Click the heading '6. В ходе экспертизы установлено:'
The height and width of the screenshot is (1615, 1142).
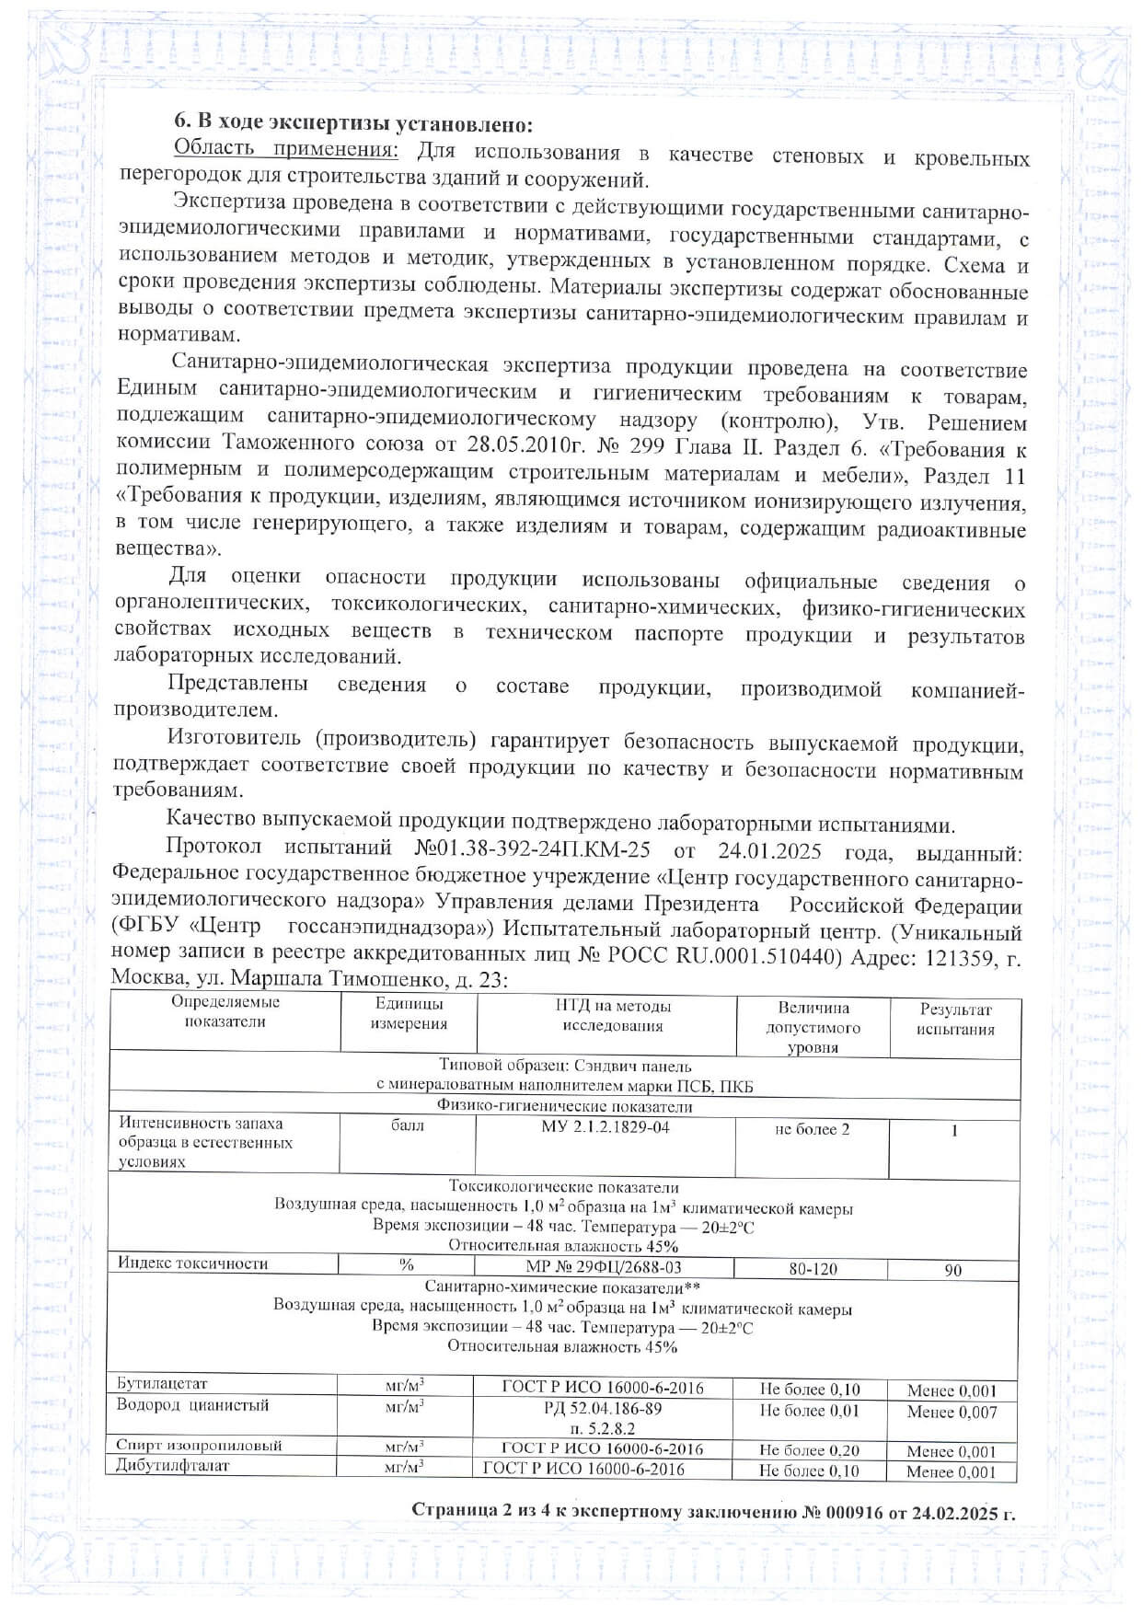click(x=354, y=124)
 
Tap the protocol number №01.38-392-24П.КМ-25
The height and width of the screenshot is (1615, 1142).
click(x=523, y=848)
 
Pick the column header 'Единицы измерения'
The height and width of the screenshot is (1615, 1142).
click(x=409, y=1013)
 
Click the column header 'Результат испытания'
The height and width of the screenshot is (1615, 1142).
click(x=955, y=1019)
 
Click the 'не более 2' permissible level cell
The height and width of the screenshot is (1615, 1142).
click(x=813, y=1129)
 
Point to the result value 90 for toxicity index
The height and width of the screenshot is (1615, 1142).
click(x=953, y=1270)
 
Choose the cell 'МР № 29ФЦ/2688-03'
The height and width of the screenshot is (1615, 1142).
click(x=604, y=1267)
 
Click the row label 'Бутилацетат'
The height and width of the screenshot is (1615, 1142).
click(x=163, y=1383)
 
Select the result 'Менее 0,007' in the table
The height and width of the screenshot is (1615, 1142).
click(x=952, y=1412)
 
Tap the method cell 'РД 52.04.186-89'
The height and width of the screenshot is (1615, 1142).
click(x=603, y=1409)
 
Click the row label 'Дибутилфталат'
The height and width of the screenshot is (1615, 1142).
click(x=173, y=1465)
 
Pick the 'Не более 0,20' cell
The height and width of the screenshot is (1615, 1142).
click(x=809, y=1450)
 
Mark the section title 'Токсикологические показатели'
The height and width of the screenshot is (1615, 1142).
click(x=564, y=1187)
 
